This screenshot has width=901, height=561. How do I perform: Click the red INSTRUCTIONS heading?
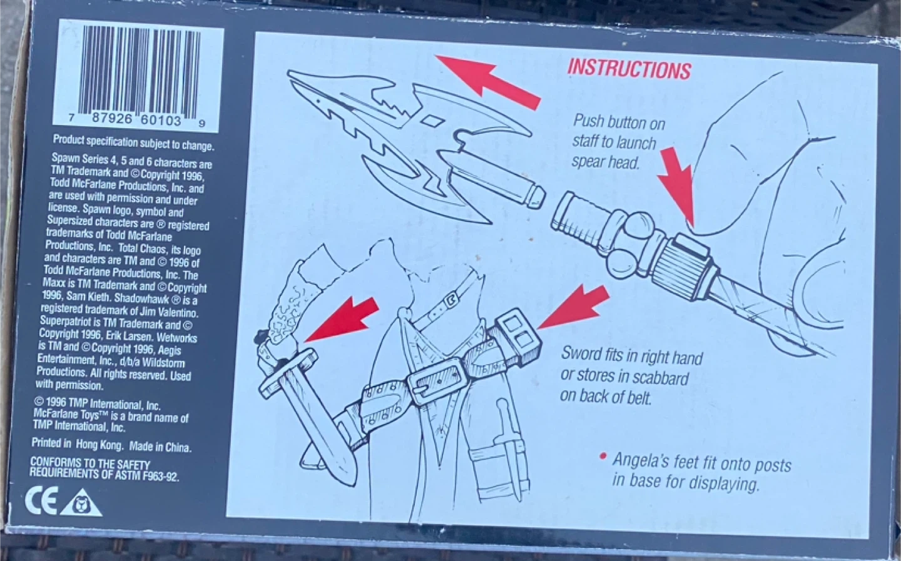coord(629,69)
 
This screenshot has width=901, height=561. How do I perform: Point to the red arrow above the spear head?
coord(488,82)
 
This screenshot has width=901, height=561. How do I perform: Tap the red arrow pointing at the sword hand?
coord(342,320)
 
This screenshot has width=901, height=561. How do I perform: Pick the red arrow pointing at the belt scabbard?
coord(574,308)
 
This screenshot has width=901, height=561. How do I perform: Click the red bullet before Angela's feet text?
coord(603,457)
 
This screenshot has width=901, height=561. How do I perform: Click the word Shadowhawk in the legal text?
coord(143,298)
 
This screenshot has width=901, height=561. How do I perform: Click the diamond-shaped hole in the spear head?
coord(432,120)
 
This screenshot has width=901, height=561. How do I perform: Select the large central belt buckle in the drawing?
coord(437,380)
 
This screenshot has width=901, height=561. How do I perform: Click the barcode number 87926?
coord(111,118)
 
